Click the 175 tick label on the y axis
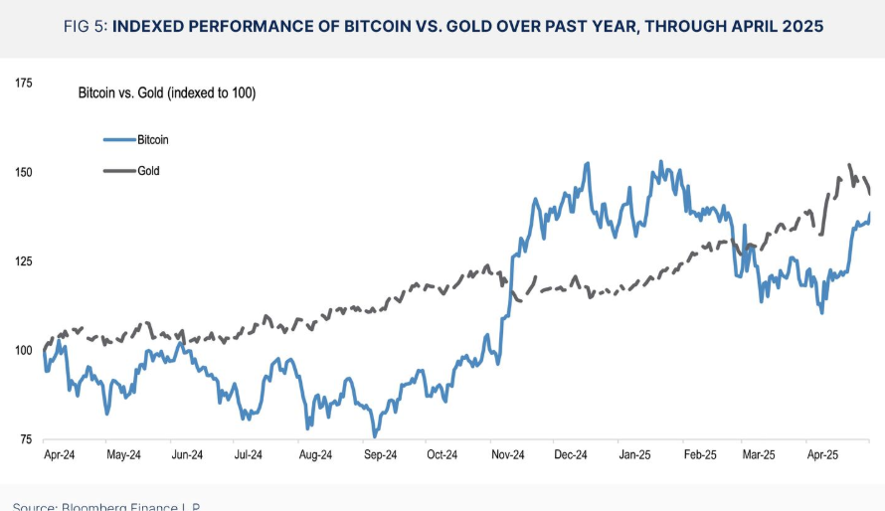pyautogui.click(x=24, y=84)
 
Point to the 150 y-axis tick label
pyautogui.click(x=24, y=172)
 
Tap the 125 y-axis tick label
pyautogui.click(x=24, y=261)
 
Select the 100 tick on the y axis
pyautogui.click(x=24, y=350)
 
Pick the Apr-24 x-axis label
pyautogui.click(x=59, y=455)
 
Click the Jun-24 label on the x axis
pyautogui.click(x=187, y=455)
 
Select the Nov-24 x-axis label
pyautogui.click(x=507, y=455)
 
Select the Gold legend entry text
pyautogui.click(x=148, y=171)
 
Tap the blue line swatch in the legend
pyautogui.click(x=118, y=140)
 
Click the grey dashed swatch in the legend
pyautogui.click(x=118, y=171)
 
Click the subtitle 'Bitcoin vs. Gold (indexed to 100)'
pyautogui.click(x=167, y=93)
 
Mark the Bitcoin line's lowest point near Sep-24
pyautogui.click(x=375, y=435)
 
